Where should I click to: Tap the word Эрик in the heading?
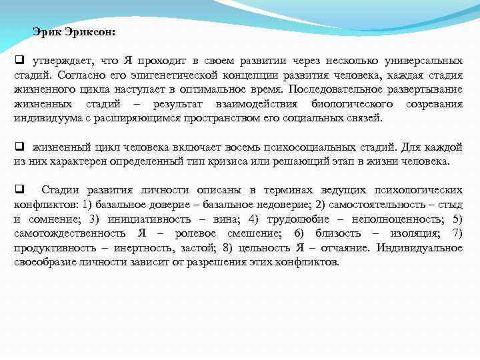pyautogui.click(x=45, y=31)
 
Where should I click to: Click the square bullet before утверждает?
pyautogui.click(x=19, y=61)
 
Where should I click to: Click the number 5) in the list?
pyautogui.click(x=457, y=219)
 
